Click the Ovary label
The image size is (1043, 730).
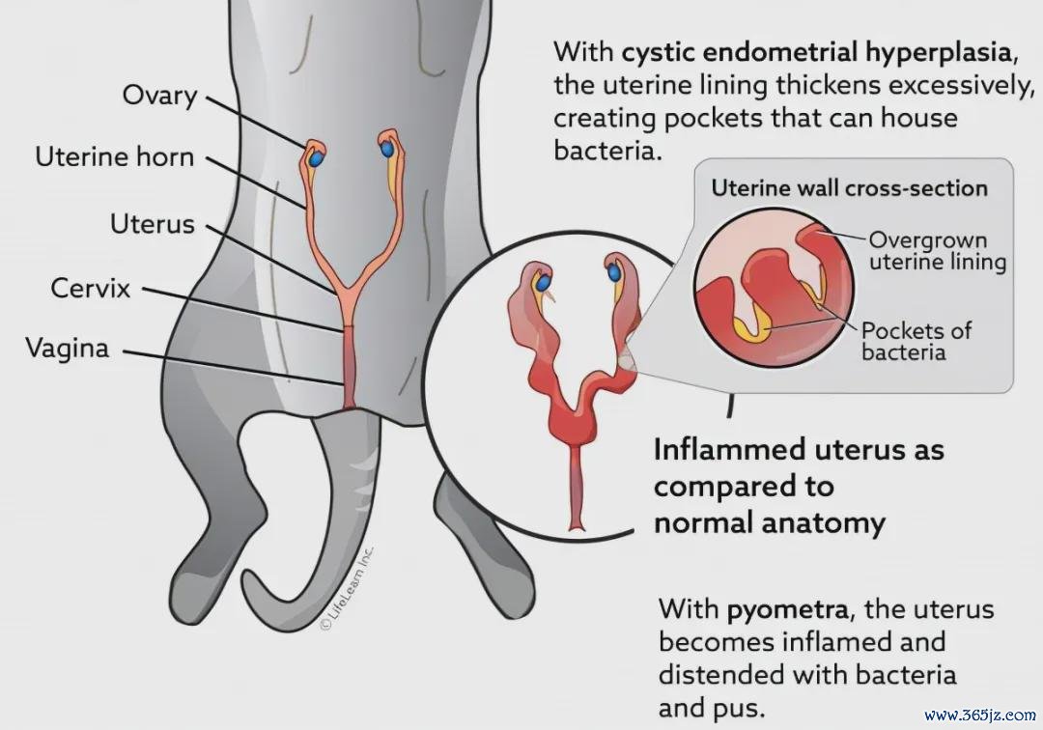point(159,95)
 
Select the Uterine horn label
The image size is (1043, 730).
point(114,156)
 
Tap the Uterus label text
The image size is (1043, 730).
point(153,223)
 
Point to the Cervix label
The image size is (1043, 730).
point(91,288)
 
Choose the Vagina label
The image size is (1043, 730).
point(68,348)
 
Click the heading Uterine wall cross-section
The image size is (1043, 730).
point(850,188)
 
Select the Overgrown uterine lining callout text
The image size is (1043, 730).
point(937,251)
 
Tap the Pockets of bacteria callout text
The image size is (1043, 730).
point(916,341)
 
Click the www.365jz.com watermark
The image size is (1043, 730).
point(980,716)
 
